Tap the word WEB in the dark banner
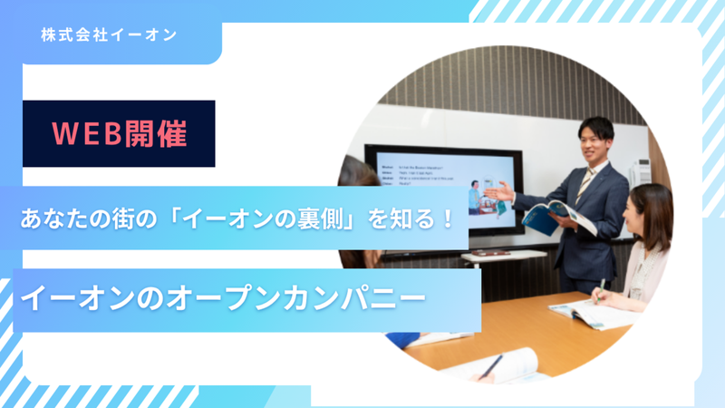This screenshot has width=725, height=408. tap(85, 134)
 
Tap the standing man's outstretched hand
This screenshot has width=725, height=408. tap(498, 191)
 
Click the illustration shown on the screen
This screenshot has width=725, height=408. tap(481, 196)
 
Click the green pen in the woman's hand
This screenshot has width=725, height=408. tap(601, 288)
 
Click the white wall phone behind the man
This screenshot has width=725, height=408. tap(640, 171)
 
